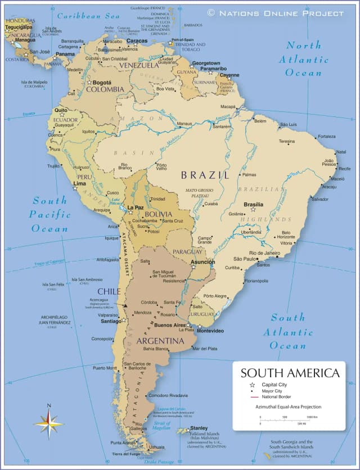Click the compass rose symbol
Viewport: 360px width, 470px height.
click(x=49, y=423)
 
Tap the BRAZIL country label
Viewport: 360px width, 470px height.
click(x=205, y=175)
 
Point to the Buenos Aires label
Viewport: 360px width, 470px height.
click(x=169, y=325)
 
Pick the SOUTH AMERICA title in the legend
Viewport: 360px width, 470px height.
click(x=290, y=373)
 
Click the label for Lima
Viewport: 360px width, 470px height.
click(x=80, y=183)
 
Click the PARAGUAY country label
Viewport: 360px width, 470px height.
click(x=187, y=251)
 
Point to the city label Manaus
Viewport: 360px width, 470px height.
click(x=184, y=124)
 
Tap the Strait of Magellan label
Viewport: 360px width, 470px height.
click(x=162, y=425)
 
